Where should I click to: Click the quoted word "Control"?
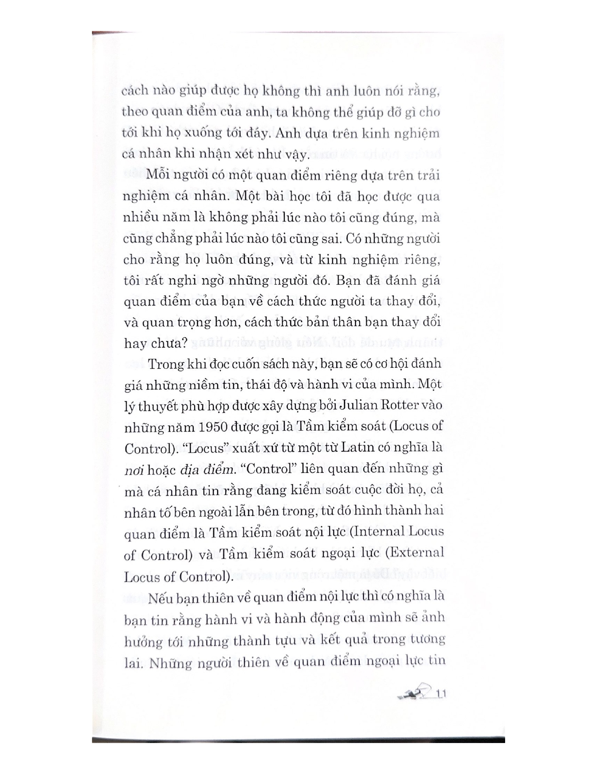point(262,468)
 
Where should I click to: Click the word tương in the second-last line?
point(426,640)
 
